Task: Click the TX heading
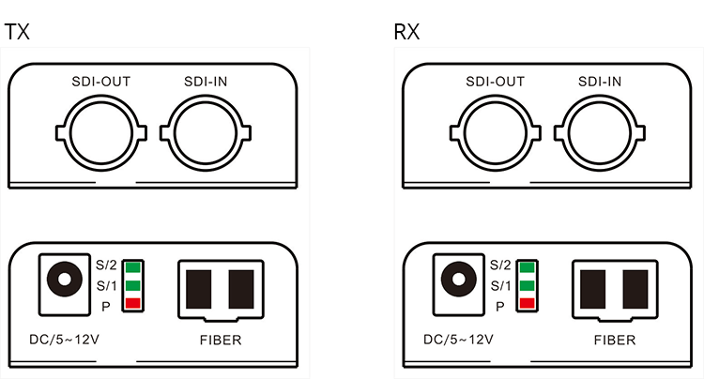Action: [x=17, y=32]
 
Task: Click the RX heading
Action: [x=406, y=32]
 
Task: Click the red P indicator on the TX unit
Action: [x=132, y=303]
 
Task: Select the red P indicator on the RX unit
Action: [x=527, y=303]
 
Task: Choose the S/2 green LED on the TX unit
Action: [x=132, y=266]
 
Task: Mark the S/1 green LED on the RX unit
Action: [x=527, y=285]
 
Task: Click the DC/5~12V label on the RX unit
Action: [x=458, y=340]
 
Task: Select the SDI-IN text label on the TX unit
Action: [x=206, y=81]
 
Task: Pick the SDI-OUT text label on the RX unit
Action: [x=495, y=81]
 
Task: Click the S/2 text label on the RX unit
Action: [x=500, y=266]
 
